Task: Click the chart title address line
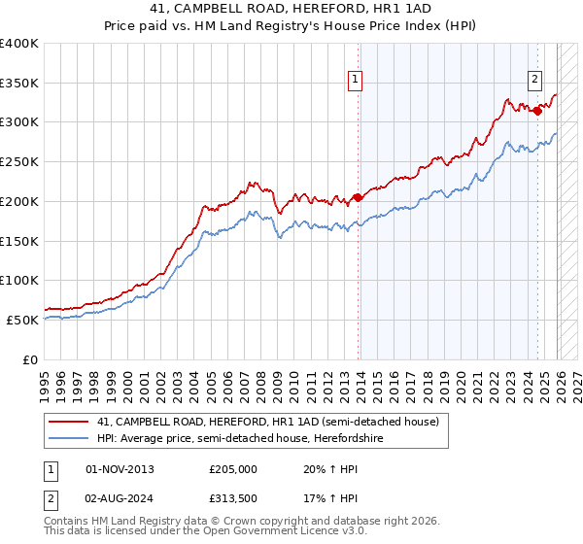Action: (x=291, y=8)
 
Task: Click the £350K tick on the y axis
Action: (x=19, y=83)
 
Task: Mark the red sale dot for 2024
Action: (x=537, y=111)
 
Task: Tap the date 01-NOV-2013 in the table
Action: (x=120, y=469)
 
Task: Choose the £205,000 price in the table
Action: (x=234, y=469)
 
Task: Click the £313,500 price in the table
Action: (x=234, y=500)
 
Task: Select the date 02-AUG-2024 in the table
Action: (x=120, y=500)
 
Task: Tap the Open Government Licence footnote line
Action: (x=205, y=533)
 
